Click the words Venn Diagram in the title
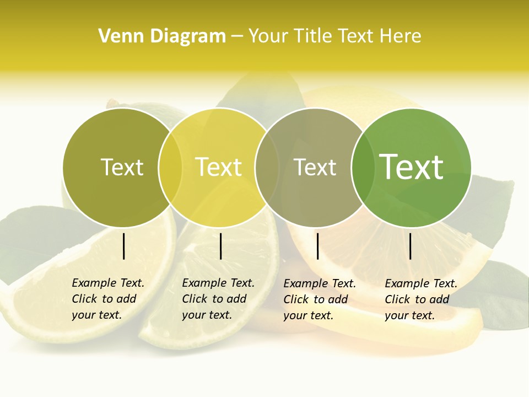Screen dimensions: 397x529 point(162,36)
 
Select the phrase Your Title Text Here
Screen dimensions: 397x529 point(334,36)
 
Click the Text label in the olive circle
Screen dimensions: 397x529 point(122,167)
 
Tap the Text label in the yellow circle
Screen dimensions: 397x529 point(219,167)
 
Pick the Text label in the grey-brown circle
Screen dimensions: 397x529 point(315,167)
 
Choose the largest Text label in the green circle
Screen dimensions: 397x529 point(412,167)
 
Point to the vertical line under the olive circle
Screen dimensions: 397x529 point(123,246)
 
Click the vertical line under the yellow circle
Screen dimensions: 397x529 point(220,246)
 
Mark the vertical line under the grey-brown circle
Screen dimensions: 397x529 point(317,246)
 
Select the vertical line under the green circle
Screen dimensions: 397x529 point(411,246)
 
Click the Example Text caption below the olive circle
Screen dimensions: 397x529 point(107,299)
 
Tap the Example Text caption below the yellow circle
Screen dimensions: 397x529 point(218,299)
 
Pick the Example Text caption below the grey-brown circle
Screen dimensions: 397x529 point(319,299)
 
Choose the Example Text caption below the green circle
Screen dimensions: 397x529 point(420,299)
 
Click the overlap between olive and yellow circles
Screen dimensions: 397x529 point(170,168)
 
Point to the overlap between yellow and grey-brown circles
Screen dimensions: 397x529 point(267,168)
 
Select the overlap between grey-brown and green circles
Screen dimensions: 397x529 point(361,168)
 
